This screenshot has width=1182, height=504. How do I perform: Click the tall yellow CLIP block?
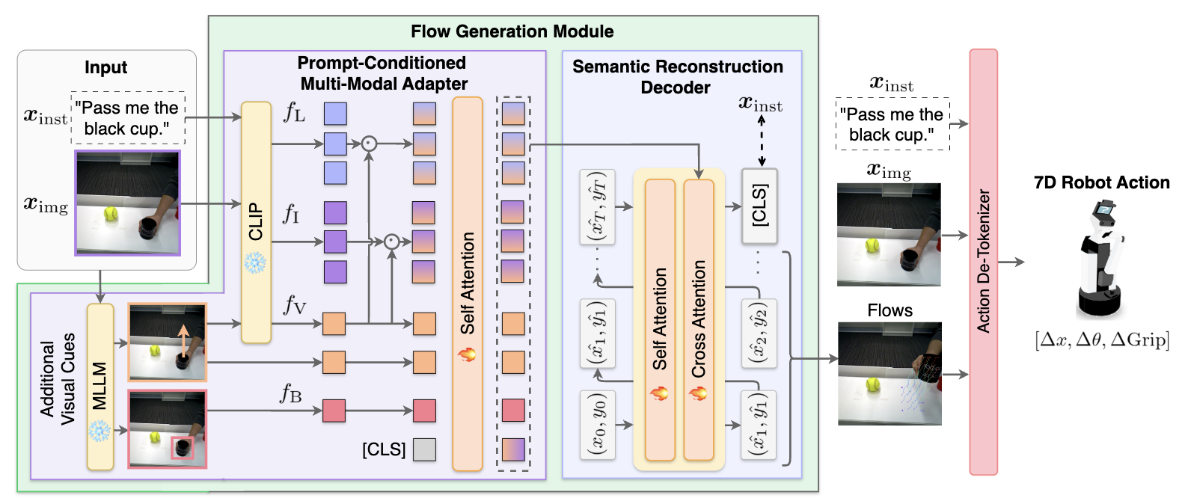[x=256, y=222]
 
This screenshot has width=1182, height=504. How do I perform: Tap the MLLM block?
[x=100, y=386]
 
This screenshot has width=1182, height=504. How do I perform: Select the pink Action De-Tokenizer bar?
[x=983, y=262]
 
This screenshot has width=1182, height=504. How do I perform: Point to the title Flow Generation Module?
[x=512, y=31]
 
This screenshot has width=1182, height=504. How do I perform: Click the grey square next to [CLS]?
[x=424, y=449]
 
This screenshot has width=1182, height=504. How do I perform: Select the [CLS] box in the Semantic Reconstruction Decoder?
[x=759, y=206]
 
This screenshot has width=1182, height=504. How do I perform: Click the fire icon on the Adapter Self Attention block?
[x=467, y=354]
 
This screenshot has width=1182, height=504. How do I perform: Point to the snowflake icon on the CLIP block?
[x=255, y=262]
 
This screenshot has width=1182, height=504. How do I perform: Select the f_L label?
[x=295, y=112]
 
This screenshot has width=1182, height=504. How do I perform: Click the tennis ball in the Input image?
[x=111, y=214]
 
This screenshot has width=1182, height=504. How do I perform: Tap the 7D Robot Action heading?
[x=1101, y=182]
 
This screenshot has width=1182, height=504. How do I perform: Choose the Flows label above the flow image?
[x=889, y=310]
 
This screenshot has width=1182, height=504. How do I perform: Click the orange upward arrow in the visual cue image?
[x=182, y=340]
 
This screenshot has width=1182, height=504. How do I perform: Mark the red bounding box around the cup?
[x=183, y=449]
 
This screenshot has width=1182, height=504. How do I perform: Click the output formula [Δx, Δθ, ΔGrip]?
[x=1101, y=340]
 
